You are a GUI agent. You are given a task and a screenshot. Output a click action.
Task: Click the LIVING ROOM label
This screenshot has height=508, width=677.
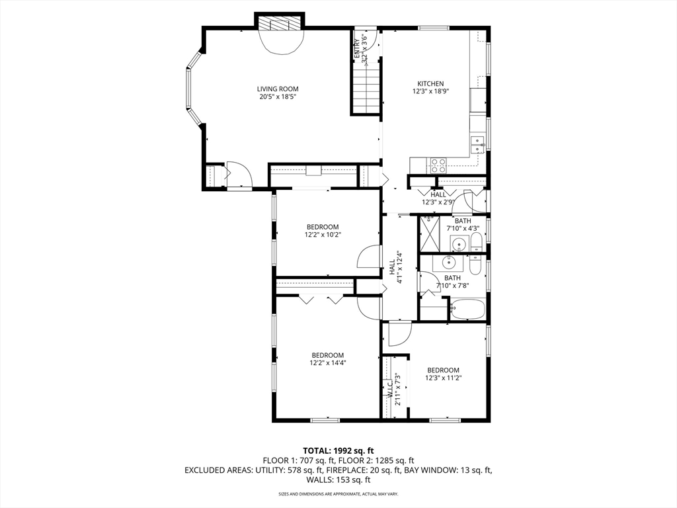278,89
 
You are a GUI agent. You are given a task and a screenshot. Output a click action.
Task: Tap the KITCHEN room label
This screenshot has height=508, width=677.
430,84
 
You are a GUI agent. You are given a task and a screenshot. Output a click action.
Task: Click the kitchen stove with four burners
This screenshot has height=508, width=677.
438,166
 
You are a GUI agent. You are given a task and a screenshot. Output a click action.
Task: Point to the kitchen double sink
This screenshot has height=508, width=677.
477,145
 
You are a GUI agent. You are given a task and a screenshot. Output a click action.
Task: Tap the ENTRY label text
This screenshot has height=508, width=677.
357,49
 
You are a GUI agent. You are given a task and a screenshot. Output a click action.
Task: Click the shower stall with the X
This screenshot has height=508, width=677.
430,234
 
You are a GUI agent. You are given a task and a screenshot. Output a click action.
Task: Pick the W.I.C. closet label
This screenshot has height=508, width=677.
389,389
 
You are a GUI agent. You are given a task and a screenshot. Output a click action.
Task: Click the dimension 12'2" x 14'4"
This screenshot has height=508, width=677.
328,363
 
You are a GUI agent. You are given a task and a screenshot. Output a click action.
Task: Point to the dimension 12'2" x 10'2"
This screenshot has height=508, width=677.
323,235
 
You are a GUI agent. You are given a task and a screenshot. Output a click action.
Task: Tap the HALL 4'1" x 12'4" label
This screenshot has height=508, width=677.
395,268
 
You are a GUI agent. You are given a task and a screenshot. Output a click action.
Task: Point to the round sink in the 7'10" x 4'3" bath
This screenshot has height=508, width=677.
457,244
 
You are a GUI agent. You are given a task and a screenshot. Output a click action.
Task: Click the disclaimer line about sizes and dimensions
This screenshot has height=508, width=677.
338,493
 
